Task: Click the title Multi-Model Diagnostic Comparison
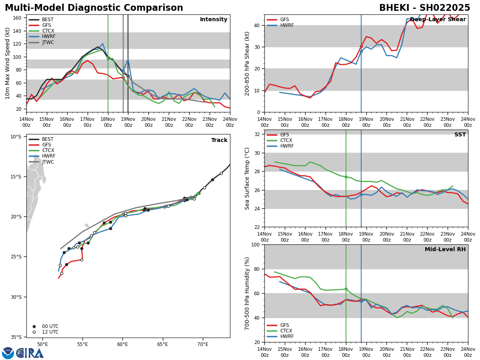[94, 8]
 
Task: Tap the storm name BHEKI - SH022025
[424, 8]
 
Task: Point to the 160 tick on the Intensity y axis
[17, 18]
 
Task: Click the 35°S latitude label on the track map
[16, 337]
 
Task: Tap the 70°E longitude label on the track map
[203, 344]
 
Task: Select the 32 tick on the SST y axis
[257, 134]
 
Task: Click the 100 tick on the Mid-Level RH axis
[256, 244]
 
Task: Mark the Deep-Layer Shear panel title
[438, 19]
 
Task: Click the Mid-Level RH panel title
[445, 249]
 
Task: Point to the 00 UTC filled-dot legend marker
[34, 326]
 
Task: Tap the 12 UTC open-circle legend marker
[34, 332]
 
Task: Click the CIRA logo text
[30, 353]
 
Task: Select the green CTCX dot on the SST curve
[346, 177]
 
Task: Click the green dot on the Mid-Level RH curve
[346, 289]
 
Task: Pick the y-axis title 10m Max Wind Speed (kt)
[7, 63]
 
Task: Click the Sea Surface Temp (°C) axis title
[247, 178]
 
